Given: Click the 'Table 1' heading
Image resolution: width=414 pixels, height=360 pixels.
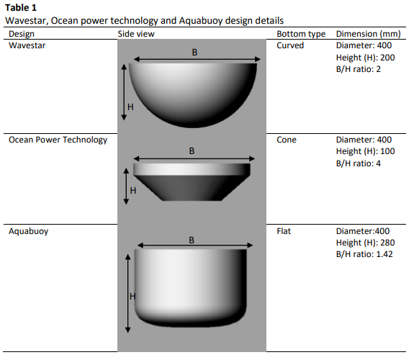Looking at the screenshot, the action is (x=21, y=8).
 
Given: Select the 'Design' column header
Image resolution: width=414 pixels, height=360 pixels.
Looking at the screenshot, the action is (x=22, y=34).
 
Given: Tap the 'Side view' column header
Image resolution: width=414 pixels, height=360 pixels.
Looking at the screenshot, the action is (x=136, y=34).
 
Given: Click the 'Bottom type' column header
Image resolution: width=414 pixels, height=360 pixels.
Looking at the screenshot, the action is (x=301, y=34).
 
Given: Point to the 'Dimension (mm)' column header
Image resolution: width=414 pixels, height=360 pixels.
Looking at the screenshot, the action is (x=369, y=34).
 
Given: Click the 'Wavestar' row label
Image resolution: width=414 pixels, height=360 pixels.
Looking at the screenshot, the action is (x=27, y=45).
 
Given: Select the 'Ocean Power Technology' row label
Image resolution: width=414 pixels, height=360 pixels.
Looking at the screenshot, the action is (x=58, y=140).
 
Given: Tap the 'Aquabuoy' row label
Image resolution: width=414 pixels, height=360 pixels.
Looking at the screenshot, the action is (x=29, y=231).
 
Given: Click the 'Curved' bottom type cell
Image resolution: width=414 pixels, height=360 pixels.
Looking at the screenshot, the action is (x=290, y=45).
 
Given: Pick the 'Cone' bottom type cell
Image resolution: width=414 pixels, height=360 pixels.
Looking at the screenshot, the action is (x=287, y=140).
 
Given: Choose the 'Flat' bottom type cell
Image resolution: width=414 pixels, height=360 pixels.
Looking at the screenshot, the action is (x=284, y=231).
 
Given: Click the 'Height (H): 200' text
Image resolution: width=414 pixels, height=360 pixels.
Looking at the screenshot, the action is (x=366, y=58).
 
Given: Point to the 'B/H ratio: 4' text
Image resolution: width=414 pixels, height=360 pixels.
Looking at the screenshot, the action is (x=359, y=163).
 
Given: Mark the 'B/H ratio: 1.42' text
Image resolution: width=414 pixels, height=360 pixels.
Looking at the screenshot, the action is (x=364, y=254).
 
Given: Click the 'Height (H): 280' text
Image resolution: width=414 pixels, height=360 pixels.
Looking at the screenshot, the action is (x=366, y=243).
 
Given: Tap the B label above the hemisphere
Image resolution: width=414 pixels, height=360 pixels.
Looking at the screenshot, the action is (x=194, y=53).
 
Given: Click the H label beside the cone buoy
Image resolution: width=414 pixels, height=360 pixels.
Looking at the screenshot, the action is (x=133, y=190).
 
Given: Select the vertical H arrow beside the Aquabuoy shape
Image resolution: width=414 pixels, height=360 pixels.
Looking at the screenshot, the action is (x=127, y=294).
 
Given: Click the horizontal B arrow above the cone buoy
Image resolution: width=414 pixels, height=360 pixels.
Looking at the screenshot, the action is (x=194, y=158).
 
